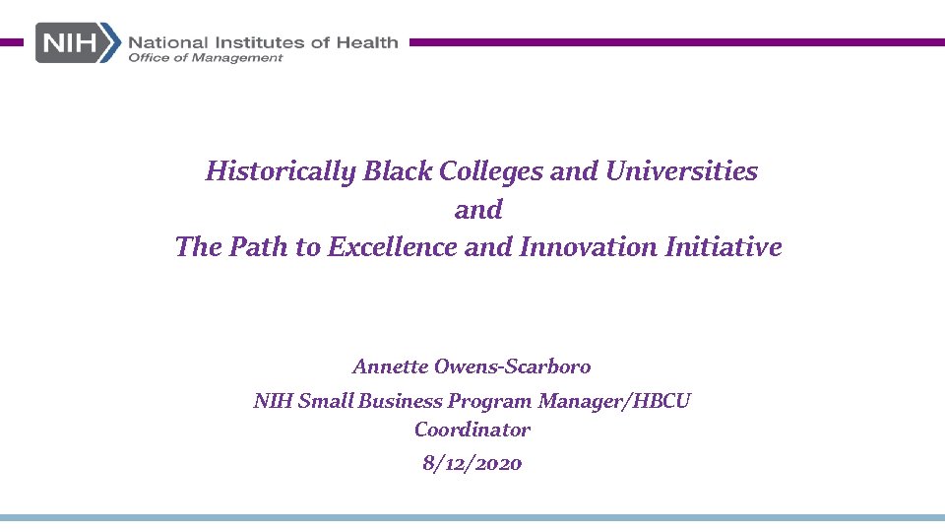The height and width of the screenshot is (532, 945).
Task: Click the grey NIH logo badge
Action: pyautogui.click(x=78, y=43)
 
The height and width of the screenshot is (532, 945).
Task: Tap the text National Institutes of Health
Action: pyautogui.click(x=263, y=41)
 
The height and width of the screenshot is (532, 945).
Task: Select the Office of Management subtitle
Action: pyautogui.click(x=205, y=58)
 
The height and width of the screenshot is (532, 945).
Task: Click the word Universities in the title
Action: pyautogui.click(x=681, y=171)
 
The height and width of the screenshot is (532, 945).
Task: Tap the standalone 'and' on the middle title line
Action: pyautogui.click(x=478, y=210)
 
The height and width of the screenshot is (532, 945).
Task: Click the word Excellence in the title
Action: pyautogui.click(x=392, y=247)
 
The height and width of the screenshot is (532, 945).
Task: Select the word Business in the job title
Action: pyautogui.click(x=401, y=401)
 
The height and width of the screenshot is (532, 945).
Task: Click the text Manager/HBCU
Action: pyautogui.click(x=614, y=401)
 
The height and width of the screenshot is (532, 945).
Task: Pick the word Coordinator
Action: pyautogui.click(x=472, y=430)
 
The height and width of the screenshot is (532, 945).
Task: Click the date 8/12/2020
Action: pyautogui.click(x=472, y=463)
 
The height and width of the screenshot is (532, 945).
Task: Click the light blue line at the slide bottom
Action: pyautogui.click(x=472, y=517)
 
